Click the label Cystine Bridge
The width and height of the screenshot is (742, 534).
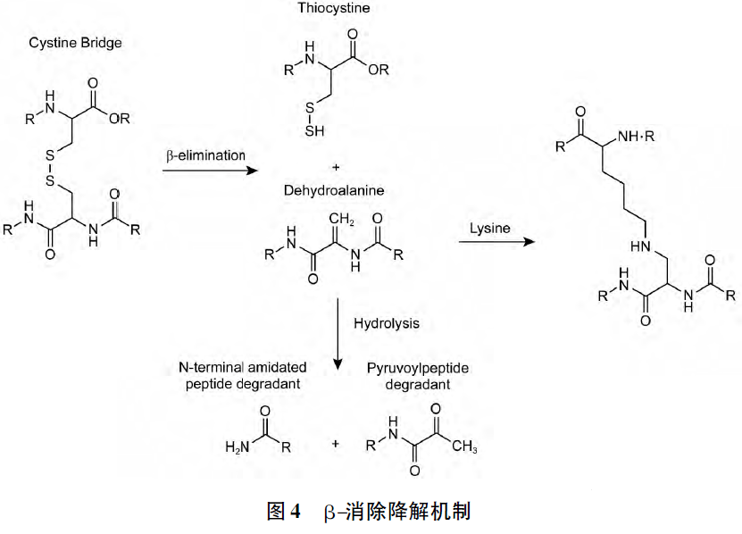(75, 43)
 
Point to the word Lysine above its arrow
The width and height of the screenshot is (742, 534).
(490, 229)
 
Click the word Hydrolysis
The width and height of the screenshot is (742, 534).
(386, 322)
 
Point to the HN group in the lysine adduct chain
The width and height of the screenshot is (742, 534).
(639, 243)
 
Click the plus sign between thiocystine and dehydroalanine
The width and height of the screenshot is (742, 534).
(336, 167)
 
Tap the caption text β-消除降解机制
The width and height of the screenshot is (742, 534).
(397, 512)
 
